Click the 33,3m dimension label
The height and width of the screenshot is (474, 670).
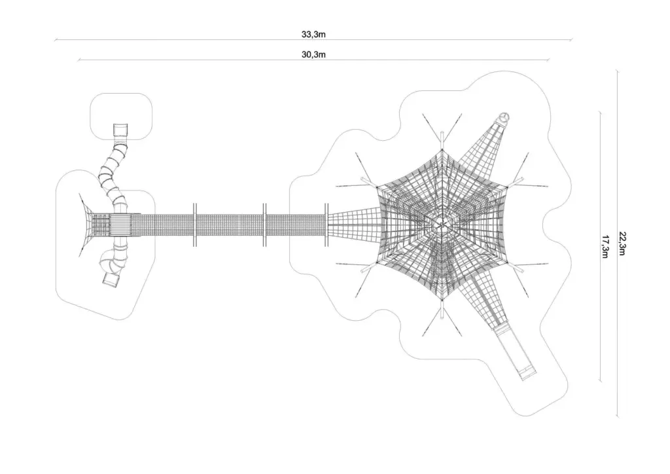point(313,34)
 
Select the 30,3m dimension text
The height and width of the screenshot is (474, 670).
point(313,54)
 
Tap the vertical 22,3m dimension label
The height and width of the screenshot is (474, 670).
point(623,244)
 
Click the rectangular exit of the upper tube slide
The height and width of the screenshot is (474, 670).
point(120,130)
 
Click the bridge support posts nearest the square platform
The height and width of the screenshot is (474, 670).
point(194,225)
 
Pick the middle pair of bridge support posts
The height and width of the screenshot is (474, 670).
point(264,225)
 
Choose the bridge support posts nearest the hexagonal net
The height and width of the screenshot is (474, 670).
point(326,225)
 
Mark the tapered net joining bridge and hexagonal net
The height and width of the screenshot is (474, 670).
point(353,225)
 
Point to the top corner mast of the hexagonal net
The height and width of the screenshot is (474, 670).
point(443,141)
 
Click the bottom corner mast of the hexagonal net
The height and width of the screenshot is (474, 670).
point(443,308)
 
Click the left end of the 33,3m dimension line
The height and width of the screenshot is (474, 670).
point(55,40)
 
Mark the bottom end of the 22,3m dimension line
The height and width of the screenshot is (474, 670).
point(617,416)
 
